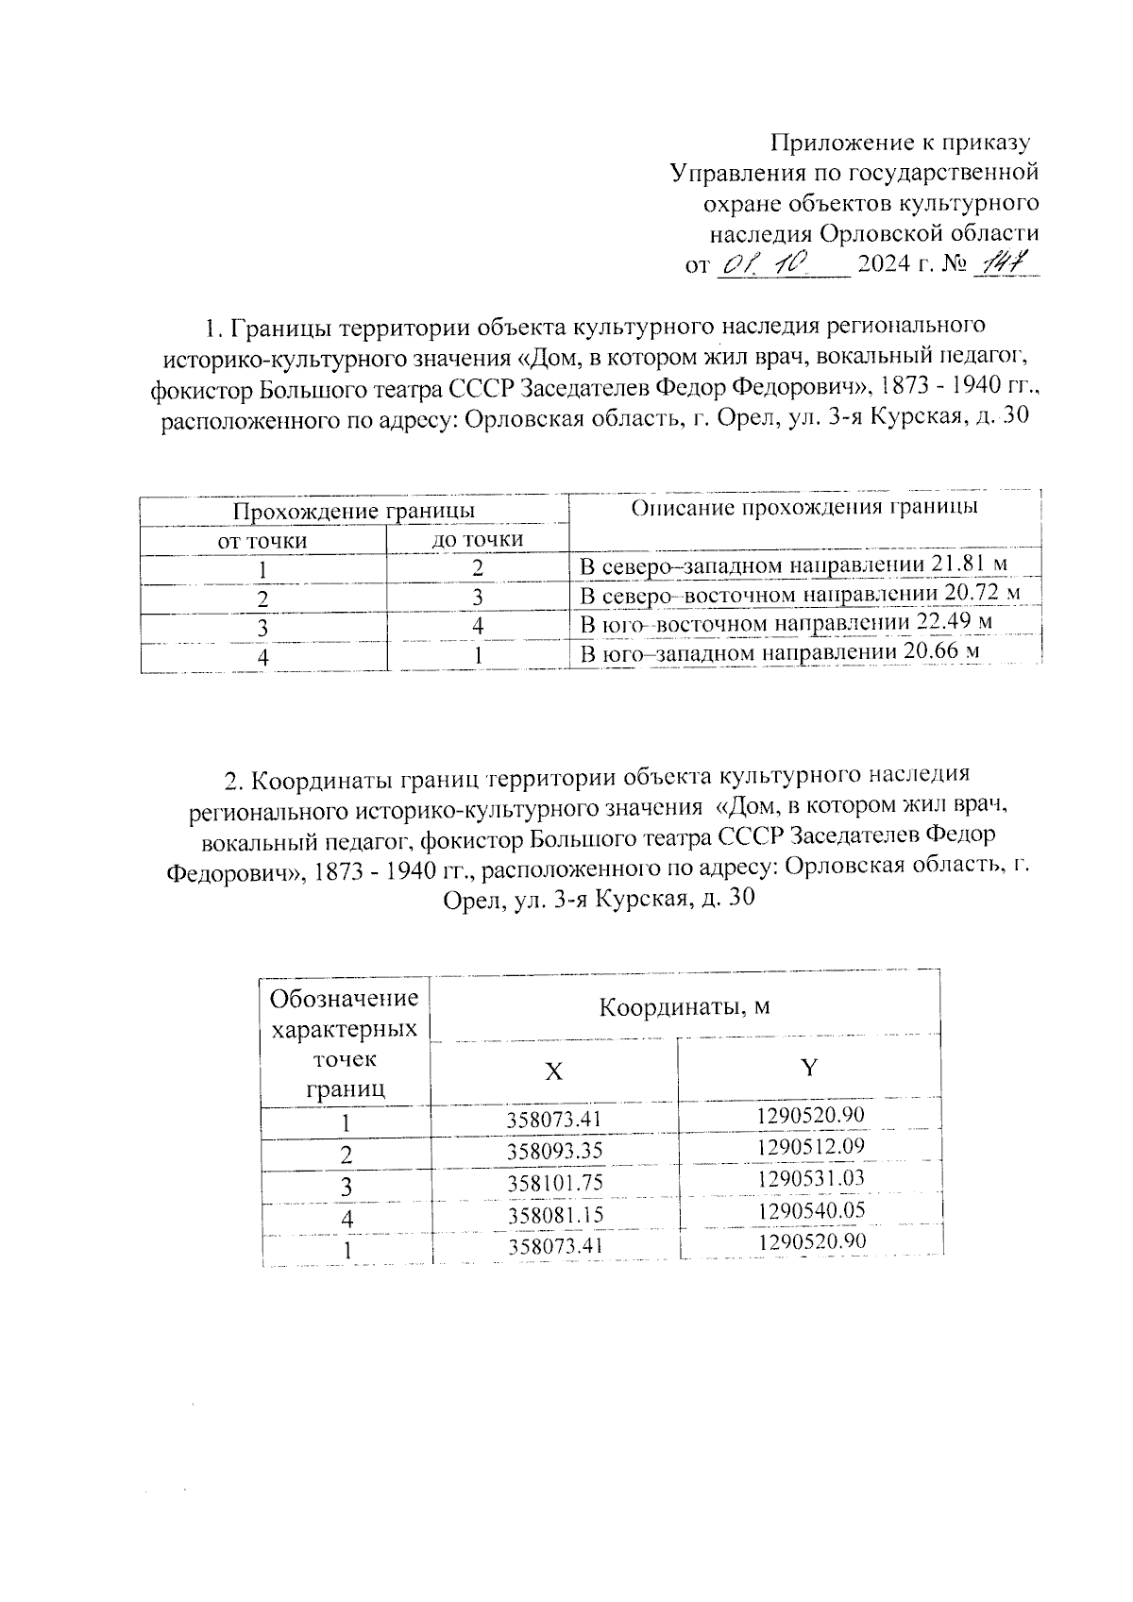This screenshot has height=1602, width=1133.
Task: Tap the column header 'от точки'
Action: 262,541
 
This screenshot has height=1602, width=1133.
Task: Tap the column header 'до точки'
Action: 478,540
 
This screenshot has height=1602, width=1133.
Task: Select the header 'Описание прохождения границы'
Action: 804,508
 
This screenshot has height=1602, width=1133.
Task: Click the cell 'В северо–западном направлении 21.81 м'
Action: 793,566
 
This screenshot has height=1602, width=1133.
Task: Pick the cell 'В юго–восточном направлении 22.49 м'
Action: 786,624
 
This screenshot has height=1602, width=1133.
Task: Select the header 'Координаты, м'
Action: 685,1007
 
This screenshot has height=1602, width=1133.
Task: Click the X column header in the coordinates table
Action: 554,1071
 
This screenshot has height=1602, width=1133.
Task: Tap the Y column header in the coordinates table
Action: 809,1068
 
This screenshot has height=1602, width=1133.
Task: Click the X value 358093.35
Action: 554,1152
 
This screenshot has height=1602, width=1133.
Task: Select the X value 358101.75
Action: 554,1184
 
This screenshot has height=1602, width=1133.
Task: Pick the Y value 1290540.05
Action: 810,1210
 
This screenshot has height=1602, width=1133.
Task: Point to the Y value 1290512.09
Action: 810,1147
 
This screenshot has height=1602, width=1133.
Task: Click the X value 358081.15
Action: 554,1215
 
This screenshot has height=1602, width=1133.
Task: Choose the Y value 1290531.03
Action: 810,1178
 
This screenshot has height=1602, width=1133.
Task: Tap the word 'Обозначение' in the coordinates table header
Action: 344,999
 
